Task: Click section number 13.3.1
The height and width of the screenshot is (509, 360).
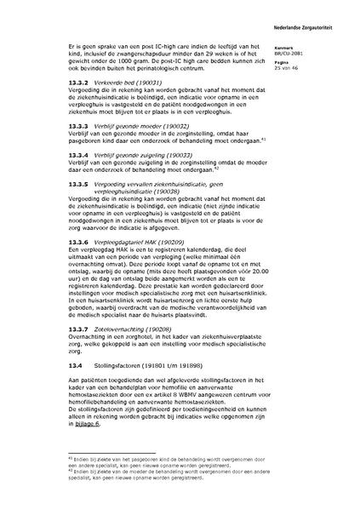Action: (x=54, y=81)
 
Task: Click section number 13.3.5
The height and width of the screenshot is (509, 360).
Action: (x=54, y=183)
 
